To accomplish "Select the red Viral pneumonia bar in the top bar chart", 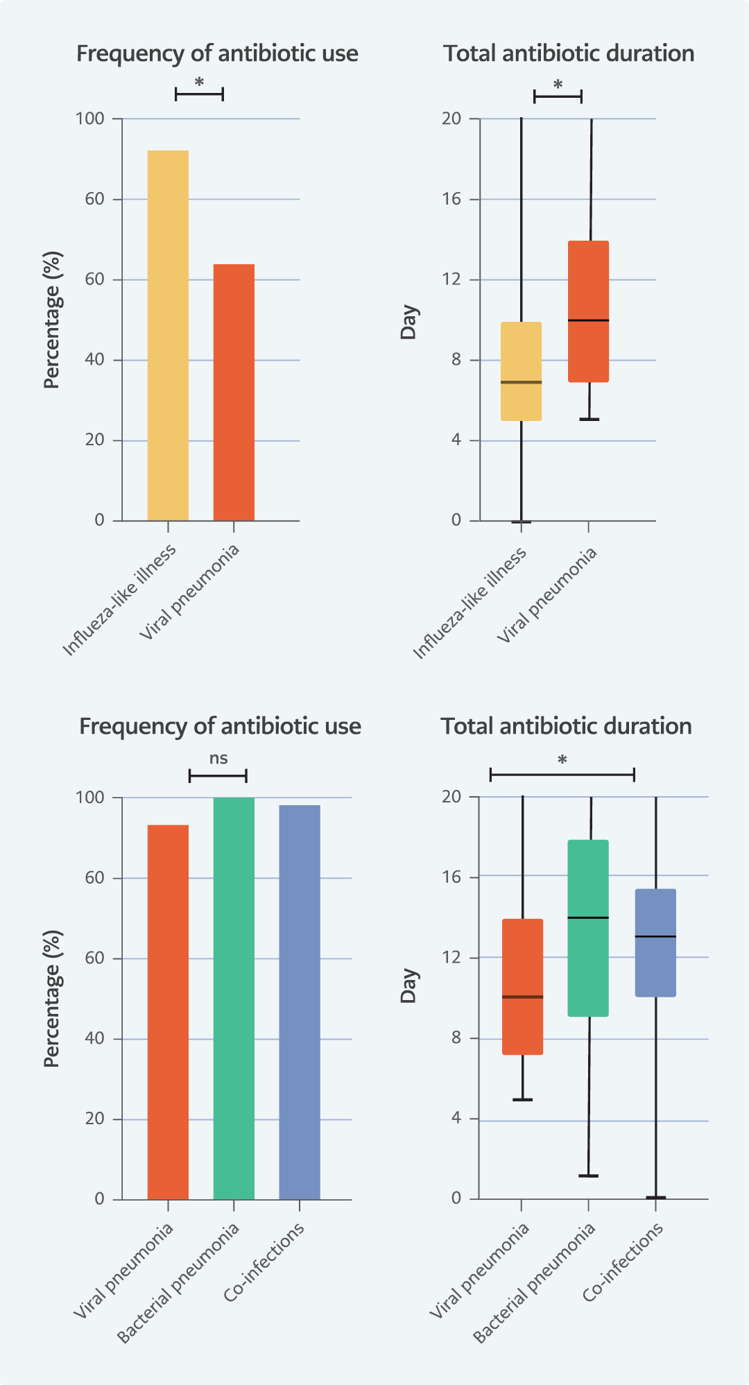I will [234, 392].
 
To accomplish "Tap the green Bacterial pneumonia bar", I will [234, 998].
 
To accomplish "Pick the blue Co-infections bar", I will [300, 1002].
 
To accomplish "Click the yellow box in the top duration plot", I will [521, 371].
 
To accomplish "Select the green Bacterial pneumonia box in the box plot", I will [588, 928].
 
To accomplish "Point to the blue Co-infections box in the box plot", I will [655, 943].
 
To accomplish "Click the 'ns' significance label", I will [218, 758].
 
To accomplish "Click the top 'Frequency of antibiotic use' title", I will [217, 53].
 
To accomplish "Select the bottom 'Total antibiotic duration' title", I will [566, 726].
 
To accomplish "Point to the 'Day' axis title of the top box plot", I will [409, 322].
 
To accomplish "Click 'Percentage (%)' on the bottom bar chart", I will [53, 998].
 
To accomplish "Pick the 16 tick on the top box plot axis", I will [451, 199].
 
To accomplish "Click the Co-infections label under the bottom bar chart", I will [264, 1262].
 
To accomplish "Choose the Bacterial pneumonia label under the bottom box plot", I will [534, 1282].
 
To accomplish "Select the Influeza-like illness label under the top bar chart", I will [119, 600].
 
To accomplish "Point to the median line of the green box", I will [588, 918].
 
